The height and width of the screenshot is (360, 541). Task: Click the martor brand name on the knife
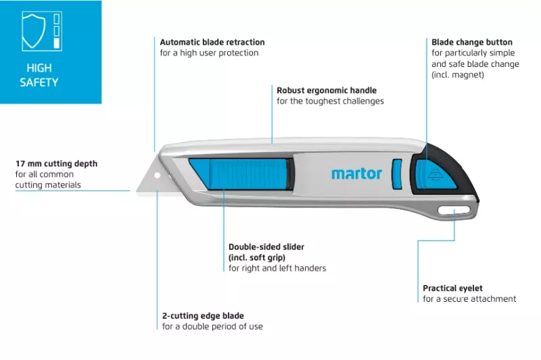click(356, 173)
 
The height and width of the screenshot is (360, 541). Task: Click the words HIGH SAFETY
click(39, 75)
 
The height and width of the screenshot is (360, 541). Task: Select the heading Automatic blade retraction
click(212, 43)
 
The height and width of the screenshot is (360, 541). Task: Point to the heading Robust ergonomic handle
click(327, 90)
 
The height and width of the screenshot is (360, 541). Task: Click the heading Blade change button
click(471, 43)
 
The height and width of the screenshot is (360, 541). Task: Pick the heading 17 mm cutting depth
click(57, 164)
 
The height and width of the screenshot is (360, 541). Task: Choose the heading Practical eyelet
click(452, 288)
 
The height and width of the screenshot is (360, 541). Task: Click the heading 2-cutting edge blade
click(203, 316)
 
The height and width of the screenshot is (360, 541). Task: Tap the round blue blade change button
click(427, 174)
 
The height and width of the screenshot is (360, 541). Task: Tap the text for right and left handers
click(277, 268)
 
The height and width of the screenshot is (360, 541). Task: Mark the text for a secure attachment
click(469, 299)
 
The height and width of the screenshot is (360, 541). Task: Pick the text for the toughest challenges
click(330, 101)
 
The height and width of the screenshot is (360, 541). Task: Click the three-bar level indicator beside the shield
click(56, 31)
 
